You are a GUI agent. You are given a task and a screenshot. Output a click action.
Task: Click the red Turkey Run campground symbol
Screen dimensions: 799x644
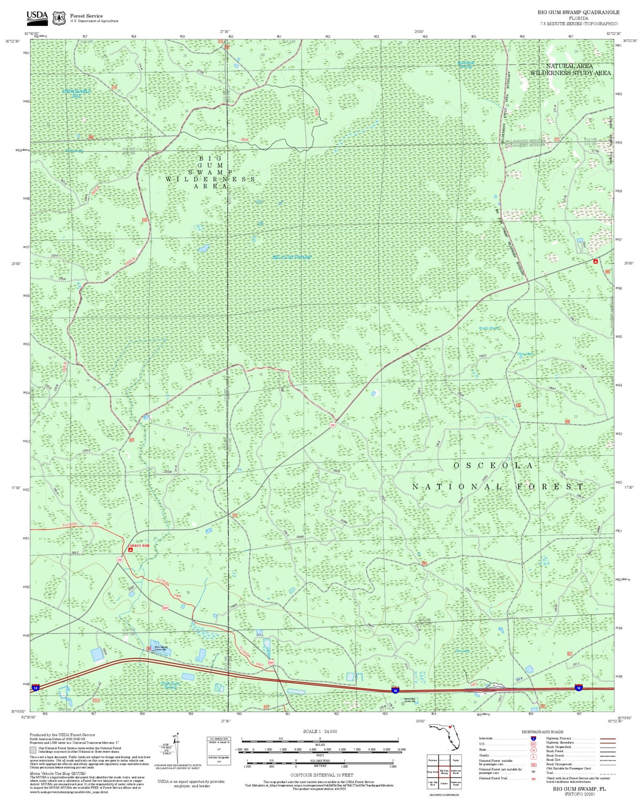point(130,550)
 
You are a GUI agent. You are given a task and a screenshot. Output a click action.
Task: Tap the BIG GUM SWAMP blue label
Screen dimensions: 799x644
point(292,257)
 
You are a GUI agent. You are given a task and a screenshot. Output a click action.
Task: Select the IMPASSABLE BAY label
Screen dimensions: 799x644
point(77,93)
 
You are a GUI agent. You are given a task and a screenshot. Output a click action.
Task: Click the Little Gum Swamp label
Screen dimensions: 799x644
point(170,685)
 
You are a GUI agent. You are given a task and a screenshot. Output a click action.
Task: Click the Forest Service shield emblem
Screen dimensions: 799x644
point(59,18)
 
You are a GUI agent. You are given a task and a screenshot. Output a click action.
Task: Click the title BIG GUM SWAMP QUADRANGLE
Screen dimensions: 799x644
point(578,12)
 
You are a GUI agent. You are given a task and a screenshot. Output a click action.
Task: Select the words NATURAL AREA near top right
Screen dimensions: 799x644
point(569,66)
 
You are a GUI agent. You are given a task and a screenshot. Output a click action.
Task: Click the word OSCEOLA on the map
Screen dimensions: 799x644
point(493,465)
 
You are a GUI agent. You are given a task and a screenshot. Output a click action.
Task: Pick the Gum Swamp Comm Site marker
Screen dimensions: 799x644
point(153,651)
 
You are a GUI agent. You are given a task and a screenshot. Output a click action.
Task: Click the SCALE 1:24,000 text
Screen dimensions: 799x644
point(320,731)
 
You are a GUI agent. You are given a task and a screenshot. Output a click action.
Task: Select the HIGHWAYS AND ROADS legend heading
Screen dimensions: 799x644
point(542,732)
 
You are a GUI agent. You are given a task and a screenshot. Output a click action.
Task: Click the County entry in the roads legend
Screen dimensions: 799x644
point(484,755)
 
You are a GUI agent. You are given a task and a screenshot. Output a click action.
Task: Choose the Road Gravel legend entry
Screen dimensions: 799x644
point(555,755)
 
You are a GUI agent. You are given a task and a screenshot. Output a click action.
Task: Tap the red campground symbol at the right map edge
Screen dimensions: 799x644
point(595,261)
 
